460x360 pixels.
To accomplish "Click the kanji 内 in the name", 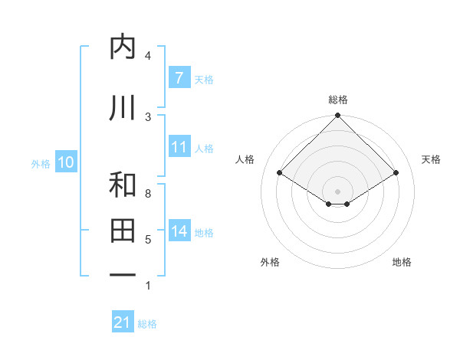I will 123,47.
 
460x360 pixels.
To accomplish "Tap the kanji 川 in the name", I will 123,108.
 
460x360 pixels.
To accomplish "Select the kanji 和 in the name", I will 123,185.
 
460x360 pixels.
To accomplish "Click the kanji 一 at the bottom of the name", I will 123,274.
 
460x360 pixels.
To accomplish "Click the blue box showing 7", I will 179,78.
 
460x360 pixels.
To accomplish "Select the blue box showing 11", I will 179,147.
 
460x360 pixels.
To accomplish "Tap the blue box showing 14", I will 179,231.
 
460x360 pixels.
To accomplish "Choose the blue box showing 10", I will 66,162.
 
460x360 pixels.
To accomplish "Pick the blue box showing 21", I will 122,322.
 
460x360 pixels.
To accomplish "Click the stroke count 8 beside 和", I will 148,194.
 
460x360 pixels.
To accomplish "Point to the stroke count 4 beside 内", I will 148,56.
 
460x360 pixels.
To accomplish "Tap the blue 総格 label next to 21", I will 147,324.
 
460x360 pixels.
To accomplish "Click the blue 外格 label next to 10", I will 41,163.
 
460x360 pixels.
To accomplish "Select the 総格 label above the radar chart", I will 337,100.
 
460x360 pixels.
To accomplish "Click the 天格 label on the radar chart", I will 431,159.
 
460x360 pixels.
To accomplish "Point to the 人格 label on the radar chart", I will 245,159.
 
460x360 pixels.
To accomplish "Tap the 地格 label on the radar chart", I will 402,262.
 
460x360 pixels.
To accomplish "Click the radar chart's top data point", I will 337,116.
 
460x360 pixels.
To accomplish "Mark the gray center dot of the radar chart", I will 337,191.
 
